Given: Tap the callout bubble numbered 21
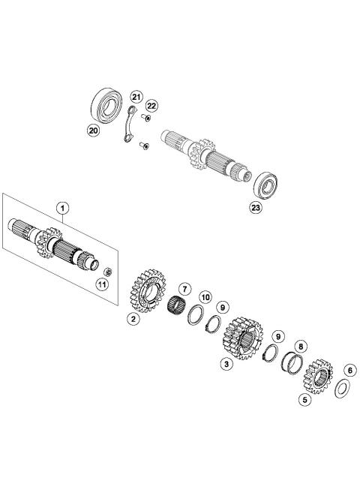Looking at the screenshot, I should [136, 97].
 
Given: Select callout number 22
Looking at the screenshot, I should [151, 105].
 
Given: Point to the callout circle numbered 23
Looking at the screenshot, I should [256, 208].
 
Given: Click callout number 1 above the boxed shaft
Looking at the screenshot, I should [63, 207].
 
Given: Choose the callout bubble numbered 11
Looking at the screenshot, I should [102, 284].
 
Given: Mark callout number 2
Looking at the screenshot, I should [133, 319].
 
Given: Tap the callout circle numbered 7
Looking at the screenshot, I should [182, 289].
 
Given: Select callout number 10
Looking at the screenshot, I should [205, 298].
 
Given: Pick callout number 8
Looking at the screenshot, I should [300, 347].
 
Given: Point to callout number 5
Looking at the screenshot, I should [305, 400].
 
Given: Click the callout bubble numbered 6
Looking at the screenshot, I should [348, 369].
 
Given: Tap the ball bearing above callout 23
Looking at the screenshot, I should [265, 185].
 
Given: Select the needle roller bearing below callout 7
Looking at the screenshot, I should [178, 308].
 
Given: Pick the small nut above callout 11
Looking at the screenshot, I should [108, 271].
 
